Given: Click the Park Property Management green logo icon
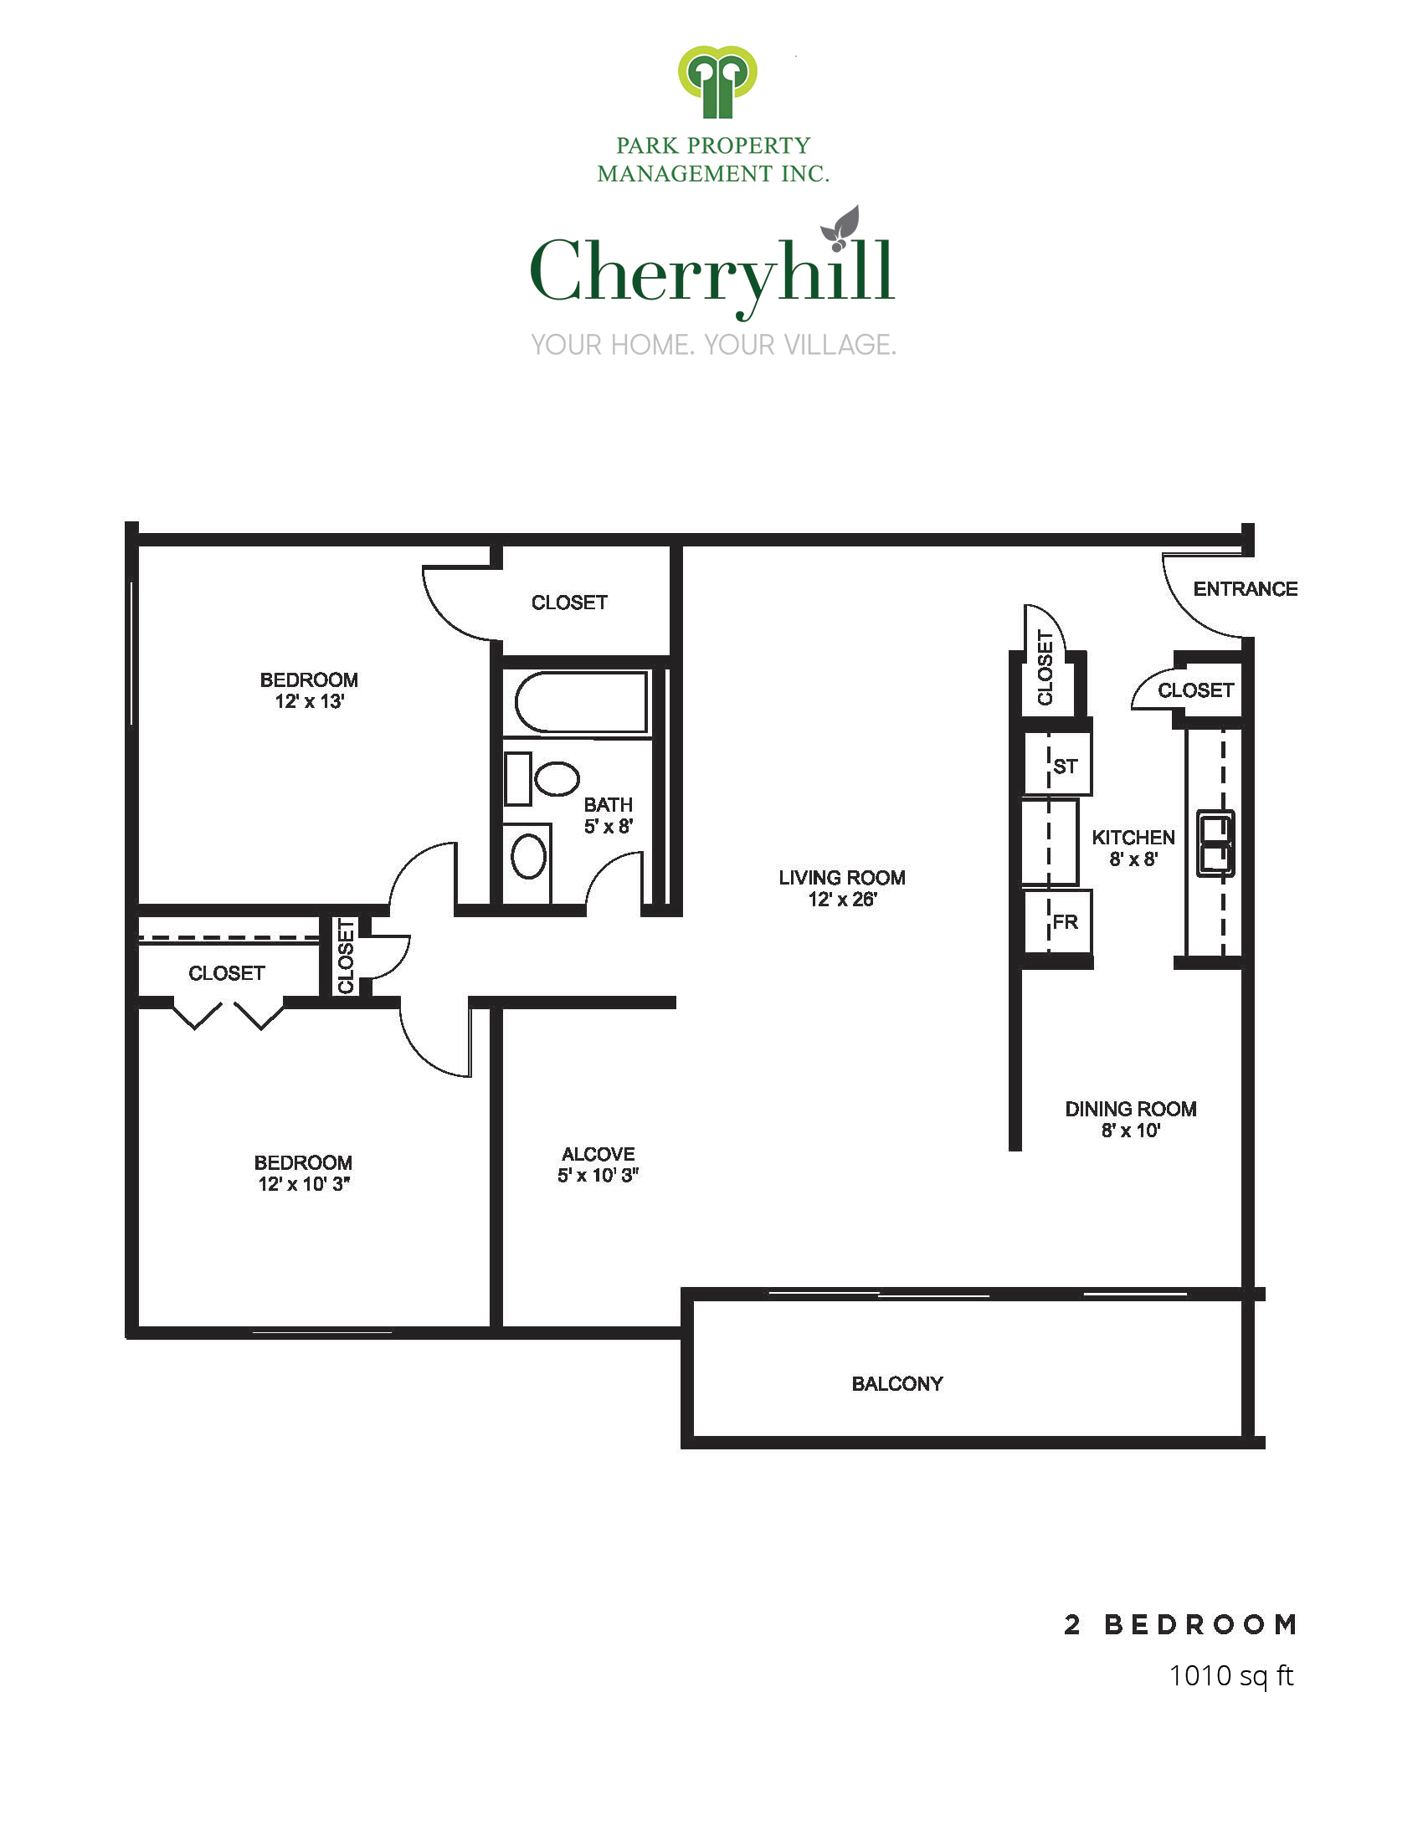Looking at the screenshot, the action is [x=717, y=82].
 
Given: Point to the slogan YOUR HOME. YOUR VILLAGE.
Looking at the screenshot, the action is [x=713, y=345].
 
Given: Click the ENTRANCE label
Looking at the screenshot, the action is [x=1246, y=589].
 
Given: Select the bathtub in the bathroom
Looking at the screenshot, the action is [x=581, y=701].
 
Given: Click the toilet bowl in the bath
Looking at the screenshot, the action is [x=557, y=778].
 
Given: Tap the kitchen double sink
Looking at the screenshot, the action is [x=1215, y=843].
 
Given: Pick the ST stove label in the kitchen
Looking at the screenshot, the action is [x=1066, y=767].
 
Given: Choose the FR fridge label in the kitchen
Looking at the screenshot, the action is [x=1066, y=922].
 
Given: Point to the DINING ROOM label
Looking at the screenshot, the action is [x=1131, y=1109].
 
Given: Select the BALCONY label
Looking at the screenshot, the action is [x=897, y=1383].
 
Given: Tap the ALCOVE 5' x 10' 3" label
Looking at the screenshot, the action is [x=598, y=1164].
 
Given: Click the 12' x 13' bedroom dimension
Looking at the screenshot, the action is [x=310, y=701].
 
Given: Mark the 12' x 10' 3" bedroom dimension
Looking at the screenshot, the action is [x=304, y=1183].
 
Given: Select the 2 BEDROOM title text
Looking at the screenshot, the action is [x=1180, y=1624].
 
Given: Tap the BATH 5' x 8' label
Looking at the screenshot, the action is [x=608, y=815].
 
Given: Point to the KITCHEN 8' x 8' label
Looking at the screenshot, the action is [x=1133, y=848].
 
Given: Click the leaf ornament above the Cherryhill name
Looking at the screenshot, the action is [x=840, y=228].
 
